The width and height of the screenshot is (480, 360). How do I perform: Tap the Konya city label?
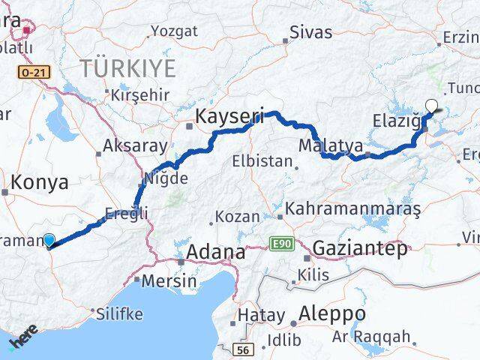click(40, 181)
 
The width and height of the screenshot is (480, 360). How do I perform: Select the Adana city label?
click(215, 253)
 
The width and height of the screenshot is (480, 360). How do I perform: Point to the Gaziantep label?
click(360, 248)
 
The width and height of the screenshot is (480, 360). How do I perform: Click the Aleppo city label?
click(332, 313)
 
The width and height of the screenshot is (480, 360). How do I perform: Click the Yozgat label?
click(174, 31)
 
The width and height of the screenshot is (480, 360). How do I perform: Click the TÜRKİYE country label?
click(128, 69)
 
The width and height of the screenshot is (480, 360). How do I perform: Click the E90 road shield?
click(280, 244)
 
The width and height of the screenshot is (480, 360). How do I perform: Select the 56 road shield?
click(243, 349)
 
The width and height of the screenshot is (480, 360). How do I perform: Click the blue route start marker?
click(49, 240)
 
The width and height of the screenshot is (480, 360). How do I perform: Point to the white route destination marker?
click(432, 106)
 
